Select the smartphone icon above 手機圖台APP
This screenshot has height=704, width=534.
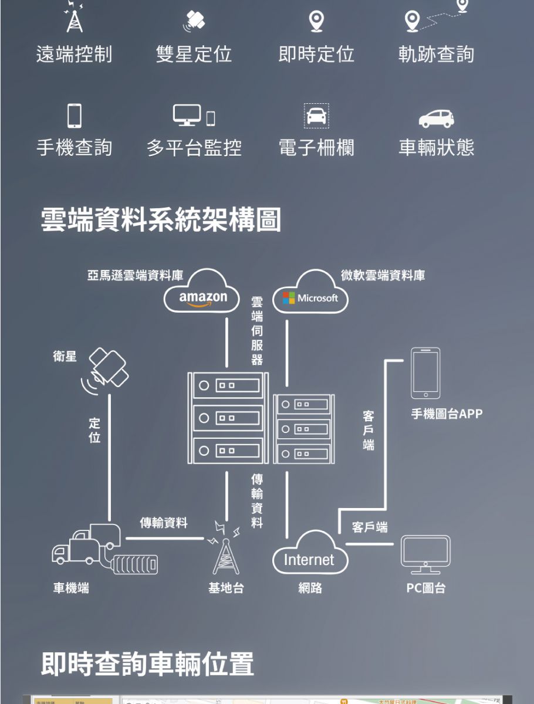pyautogui.click(x=425, y=373)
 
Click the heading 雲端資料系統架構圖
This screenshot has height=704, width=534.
pyautogui.click(x=161, y=220)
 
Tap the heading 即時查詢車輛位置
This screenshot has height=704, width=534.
pyautogui.click(x=147, y=664)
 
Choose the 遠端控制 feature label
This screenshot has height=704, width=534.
pyautogui.click(x=74, y=54)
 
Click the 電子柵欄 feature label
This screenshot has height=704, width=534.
pyautogui.click(x=316, y=147)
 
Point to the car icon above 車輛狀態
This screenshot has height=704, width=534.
pyautogui.click(x=436, y=118)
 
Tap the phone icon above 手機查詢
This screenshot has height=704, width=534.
pyautogui.click(x=74, y=116)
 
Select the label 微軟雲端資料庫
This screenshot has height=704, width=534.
pyautogui.click(x=383, y=275)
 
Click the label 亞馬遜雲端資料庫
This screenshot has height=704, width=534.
pyautogui.click(x=135, y=275)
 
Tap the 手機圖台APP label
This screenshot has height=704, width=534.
pyautogui.click(x=447, y=414)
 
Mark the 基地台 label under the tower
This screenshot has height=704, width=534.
pyautogui.click(x=226, y=587)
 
